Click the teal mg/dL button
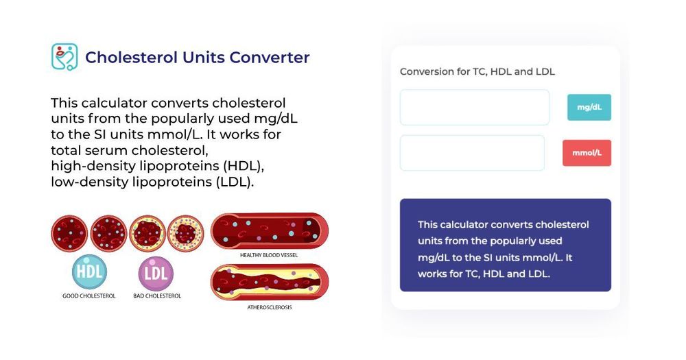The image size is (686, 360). point(589,108)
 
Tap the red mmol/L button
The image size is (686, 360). point(587,153)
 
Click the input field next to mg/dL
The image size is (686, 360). point(474,108)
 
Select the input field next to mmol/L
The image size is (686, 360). point(472,153)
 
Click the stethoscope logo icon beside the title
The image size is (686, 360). point(64,57)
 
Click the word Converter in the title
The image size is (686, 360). point(270,58)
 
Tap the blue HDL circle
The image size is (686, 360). point(90,272)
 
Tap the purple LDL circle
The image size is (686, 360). point(156,273)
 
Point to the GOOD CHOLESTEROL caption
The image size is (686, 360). point(90,296)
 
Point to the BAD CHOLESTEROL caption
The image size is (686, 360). point(157,296)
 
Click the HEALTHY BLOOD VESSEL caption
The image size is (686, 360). point(269,255)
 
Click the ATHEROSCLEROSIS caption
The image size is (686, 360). point(269,307)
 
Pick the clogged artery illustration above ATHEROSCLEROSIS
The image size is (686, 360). point(269,283)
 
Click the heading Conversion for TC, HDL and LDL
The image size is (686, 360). point(477,71)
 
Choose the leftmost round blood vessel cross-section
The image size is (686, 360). point(69,233)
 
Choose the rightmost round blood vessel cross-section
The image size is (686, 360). point(185,233)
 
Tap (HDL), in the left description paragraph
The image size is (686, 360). point(237,166)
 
